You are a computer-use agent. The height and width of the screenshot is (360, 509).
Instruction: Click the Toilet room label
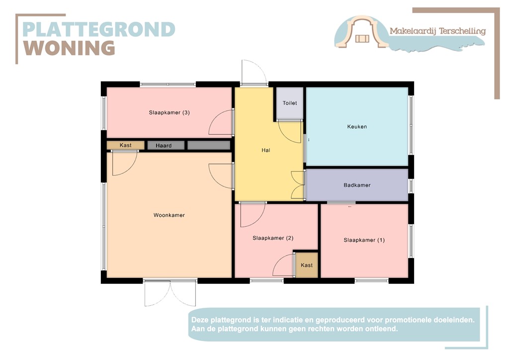(290, 103)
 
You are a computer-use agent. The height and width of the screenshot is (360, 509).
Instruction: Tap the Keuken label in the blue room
(357, 127)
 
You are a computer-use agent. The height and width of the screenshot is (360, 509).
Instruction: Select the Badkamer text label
(357, 185)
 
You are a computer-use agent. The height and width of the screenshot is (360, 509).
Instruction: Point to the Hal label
(265, 150)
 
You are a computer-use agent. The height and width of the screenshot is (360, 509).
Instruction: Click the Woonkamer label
(169, 215)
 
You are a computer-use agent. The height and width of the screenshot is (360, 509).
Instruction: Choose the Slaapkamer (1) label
(364, 240)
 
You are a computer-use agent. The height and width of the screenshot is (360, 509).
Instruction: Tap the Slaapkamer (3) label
(169, 112)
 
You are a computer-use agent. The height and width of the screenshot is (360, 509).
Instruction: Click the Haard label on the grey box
(164, 146)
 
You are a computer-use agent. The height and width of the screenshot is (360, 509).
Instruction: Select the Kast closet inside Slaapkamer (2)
(307, 266)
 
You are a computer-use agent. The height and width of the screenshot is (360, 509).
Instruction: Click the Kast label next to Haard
(126, 145)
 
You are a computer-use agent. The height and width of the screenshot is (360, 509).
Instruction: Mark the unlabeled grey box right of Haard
(209, 146)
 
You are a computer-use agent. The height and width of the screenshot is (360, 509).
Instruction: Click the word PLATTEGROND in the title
(99, 29)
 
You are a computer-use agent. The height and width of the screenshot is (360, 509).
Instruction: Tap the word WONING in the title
(70, 48)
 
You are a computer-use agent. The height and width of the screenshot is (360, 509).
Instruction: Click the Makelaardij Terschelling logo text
(437, 31)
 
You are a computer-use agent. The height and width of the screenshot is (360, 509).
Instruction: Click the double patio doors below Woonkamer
(170, 293)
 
